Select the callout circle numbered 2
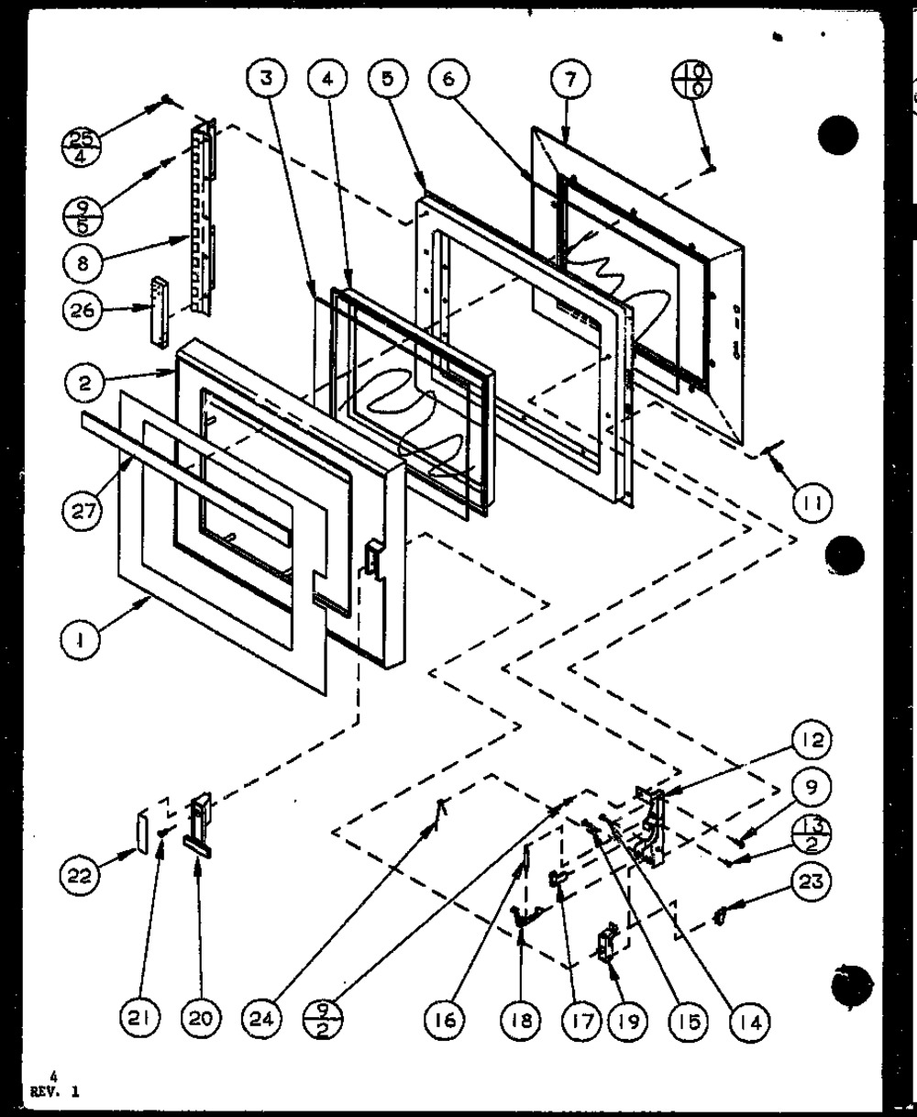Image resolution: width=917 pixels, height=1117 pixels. click(x=84, y=383)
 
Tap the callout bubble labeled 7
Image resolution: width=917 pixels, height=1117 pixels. click(x=570, y=80)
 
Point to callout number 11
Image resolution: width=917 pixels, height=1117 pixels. click(x=812, y=502)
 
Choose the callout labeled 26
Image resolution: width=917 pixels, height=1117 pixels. click(x=83, y=310)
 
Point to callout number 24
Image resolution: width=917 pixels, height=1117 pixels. click(x=264, y=1017)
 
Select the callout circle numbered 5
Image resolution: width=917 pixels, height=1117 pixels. click(x=389, y=80)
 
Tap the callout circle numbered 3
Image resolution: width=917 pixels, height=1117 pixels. click(x=265, y=80)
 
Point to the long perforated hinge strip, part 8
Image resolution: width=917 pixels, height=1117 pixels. click(x=200, y=220)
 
